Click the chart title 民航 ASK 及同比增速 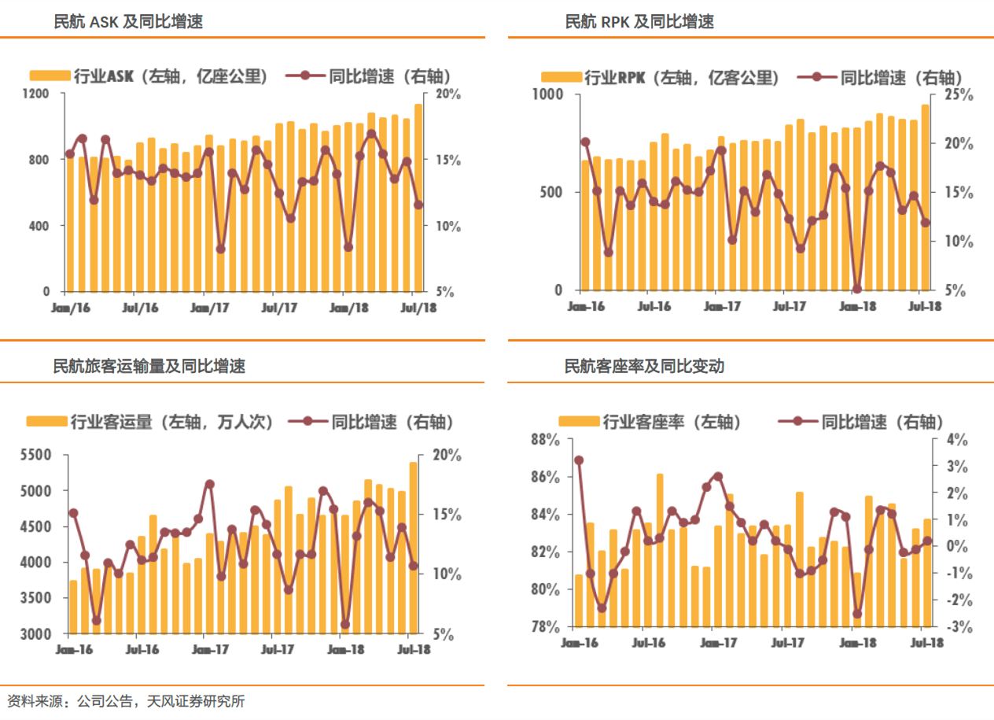pyautogui.click(x=127, y=22)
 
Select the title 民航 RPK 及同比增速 pyautogui.click(x=639, y=22)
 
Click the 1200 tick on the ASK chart pyautogui.click(x=37, y=94)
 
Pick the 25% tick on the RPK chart pyautogui.click(x=959, y=94)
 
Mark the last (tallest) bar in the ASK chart pyautogui.click(x=418, y=197)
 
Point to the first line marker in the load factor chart pyautogui.click(x=579, y=460)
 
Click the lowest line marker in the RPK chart pyautogui.click(x=857, y=289)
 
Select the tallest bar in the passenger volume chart pyautogui.click(x=414, y=547)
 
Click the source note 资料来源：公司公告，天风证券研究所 pyautogui.click(x=126, y=700)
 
